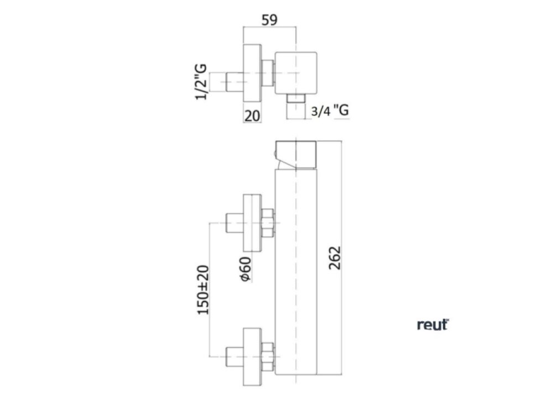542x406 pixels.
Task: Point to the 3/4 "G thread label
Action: pos(330,110)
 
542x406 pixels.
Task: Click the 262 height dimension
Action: pos(335,257)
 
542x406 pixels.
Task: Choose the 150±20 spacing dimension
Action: pos(204,289)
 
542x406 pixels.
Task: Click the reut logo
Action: pos(432,325)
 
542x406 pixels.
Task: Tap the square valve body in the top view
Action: pos(296,73)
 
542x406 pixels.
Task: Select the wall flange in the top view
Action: pos(252,73)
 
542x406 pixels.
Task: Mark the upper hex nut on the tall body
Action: pos(268,222)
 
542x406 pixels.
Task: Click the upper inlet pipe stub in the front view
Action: pos(233,222)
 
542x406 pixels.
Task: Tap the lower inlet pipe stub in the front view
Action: pos(233,355)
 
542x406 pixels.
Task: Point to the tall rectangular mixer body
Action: pos(296,271)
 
